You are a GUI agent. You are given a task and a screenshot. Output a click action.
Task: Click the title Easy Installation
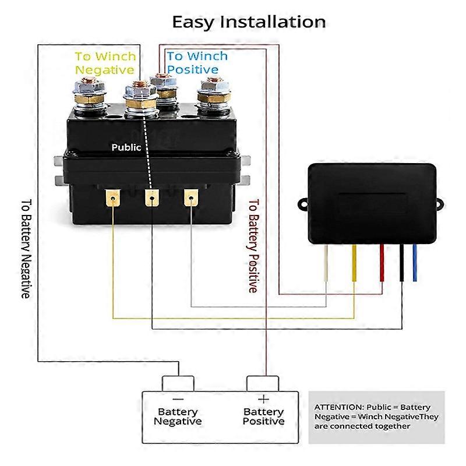coord(249,22)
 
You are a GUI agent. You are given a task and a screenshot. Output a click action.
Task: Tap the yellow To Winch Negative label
coord(105,63)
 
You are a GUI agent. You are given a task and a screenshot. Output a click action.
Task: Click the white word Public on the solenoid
coord(126,147)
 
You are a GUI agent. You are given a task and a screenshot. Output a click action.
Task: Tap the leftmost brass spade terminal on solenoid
coord(112,198)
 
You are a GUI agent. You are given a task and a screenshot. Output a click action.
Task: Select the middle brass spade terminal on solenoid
coord(151,198)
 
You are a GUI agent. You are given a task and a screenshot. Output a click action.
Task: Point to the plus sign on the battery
coord(264,399)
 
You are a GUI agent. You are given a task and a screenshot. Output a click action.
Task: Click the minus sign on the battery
coord(178,399)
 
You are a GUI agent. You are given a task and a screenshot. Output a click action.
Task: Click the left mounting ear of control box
coord(303,203)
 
